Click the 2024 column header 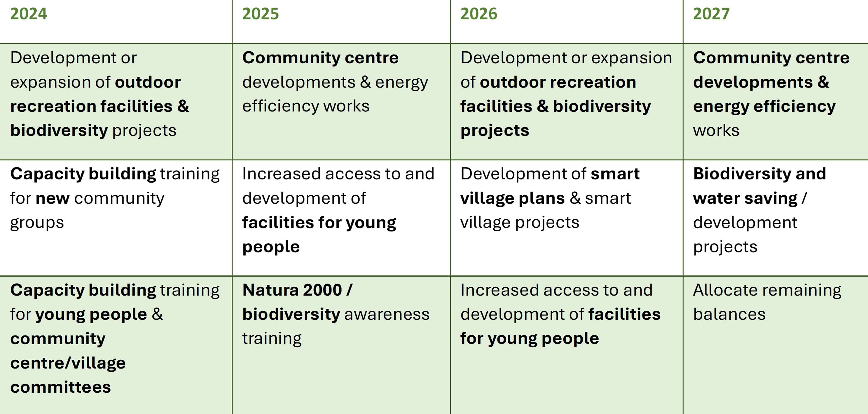pyautogui.click(x=29, y=14)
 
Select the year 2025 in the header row pyautogui.click(x=261, y=14)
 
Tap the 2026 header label pyautogui.click(x=479, y=14)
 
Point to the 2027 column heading pyautogui.click(x=711, y=14)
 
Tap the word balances pyautogui.click(x=729, y=314)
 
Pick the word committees pyautogui.click(x=61, y=387)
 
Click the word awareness pyautogui.click(x=387, y=315)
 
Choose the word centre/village pyautogui.click(x=68, y=363)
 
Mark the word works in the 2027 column pyautogui.click(x=716, y=131)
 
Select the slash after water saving pyautogui.click(x=804, y=198)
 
